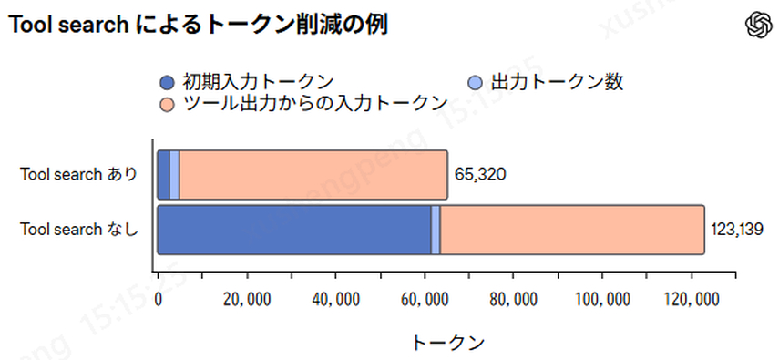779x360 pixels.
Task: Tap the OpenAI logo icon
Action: point(757,25)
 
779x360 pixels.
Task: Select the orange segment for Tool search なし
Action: point(572,230)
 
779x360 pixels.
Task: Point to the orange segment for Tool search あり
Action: point(313,174)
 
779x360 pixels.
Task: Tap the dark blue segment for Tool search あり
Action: point(164,174)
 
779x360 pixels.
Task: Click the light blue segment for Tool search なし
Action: point(436,230)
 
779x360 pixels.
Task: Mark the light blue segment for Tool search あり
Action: point(174,174)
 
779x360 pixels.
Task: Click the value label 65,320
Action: point(479,174)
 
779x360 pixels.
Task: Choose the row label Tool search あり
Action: point(79,174)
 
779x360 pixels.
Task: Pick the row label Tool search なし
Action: point(79,230)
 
